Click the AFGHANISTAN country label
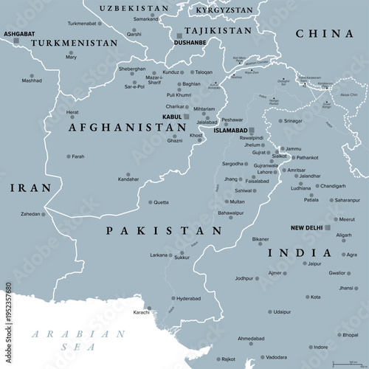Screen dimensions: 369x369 [126, 127]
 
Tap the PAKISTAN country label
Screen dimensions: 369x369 [164, 231]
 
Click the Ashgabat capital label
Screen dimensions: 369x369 [18, 34]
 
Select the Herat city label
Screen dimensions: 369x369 [72, 112]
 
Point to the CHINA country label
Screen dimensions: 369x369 [323, 34]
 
